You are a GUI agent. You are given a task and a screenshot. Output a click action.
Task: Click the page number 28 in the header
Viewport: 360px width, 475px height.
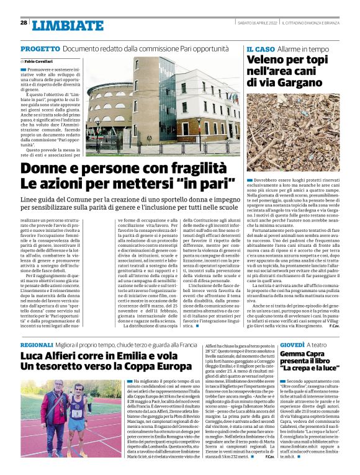[23, 23]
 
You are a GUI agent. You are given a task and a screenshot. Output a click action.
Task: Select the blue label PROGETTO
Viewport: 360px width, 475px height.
[40, 48]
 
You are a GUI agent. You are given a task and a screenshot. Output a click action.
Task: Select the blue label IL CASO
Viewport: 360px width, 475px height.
[261, 48]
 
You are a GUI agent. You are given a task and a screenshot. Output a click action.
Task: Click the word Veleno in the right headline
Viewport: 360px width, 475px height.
[268, 60]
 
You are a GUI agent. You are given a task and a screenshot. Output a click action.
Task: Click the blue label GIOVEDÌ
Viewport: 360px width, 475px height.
[257, 344]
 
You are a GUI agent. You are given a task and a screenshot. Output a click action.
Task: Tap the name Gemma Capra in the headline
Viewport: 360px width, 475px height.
[276, 356]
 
